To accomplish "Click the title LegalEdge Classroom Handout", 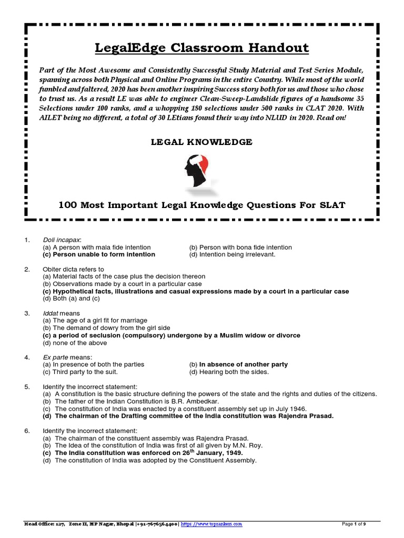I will coord(202,48).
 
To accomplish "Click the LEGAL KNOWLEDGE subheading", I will coord(202,142).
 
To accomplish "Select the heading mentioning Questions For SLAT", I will coord(201,205).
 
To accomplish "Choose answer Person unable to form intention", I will coord(99,254).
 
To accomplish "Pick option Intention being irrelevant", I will coord(232,254).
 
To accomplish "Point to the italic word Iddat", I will coord(50,314).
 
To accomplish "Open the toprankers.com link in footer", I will coord(211,524).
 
